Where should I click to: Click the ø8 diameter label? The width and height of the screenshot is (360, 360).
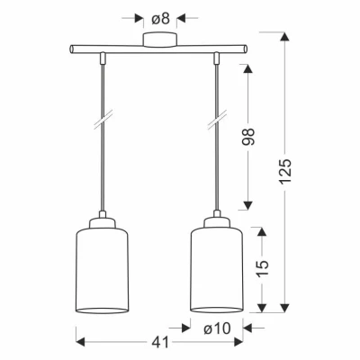click(160, 19)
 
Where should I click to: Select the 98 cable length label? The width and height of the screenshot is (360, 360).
click(248, 137)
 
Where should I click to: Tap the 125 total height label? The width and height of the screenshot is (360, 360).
click(284, 171)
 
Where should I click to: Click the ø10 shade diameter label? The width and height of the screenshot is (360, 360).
click(217, 328)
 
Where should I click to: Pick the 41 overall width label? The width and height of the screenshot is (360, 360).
click(160, 343)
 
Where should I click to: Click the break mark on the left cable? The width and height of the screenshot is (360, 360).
click(103, 119)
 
